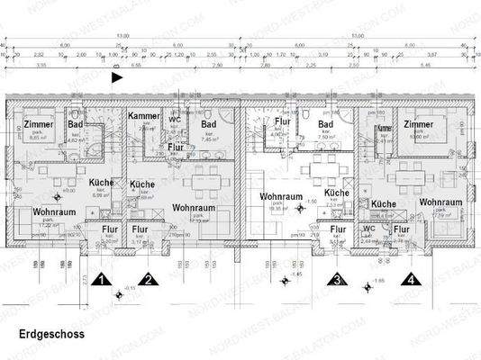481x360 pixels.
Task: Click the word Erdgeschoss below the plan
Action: [x=51, y=334]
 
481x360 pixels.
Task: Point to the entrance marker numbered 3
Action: [x=337, y=279]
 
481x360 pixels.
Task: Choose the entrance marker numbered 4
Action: [x=412, y=279]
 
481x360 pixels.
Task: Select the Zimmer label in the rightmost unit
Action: [x=419, y=124]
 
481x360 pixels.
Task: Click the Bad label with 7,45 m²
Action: [x=208, y=124]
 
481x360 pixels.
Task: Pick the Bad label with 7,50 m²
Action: [x=326, y=124]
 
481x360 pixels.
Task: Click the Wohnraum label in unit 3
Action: [x=279, y=195]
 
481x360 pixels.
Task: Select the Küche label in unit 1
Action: [x=101, y=182]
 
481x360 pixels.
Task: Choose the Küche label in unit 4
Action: [x=384, y=204]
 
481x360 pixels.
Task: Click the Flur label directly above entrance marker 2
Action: [x=141, y=229]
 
